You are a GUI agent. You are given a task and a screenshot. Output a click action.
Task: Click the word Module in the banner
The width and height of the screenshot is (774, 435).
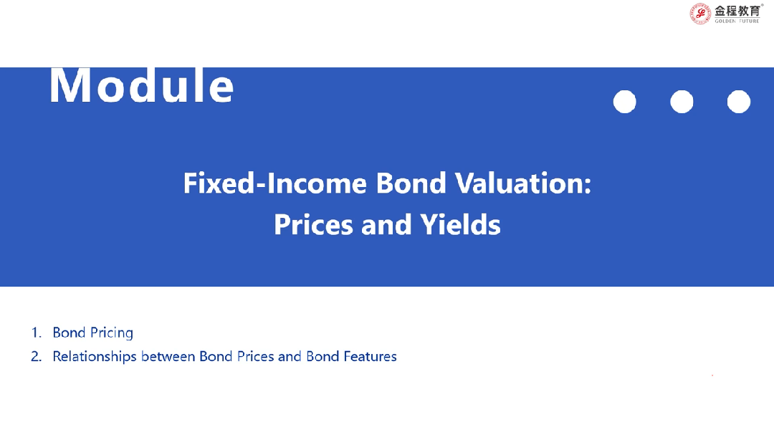coord(142,85)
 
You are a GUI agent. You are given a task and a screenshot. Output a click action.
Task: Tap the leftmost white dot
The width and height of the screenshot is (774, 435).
coord(624,102)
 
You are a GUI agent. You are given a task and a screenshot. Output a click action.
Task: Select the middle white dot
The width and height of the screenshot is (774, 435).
coord(682,102)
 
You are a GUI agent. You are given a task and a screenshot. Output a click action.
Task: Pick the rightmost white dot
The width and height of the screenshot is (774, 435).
coord(738,102)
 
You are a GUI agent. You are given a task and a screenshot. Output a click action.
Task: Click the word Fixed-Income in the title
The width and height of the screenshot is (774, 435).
coord(275,183)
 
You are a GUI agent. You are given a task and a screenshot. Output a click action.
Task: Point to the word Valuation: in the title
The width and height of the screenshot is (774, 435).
coord(523,183)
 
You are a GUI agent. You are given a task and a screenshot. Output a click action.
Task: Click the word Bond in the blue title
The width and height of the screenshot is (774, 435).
coord(411,183)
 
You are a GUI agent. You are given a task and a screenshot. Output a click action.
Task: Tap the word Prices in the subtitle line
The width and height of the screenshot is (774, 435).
coord(313,225)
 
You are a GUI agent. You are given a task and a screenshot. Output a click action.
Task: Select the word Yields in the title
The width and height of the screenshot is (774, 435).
coord(461,225)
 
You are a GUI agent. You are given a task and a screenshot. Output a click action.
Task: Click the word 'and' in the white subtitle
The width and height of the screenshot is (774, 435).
coord(386,225)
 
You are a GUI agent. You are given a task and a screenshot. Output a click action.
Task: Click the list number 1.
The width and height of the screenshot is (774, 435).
coord(36,333)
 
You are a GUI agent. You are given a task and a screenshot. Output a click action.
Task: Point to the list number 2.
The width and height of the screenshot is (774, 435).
coord(36,356)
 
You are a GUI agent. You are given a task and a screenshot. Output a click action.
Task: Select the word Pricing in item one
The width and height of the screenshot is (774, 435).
coord(112,333)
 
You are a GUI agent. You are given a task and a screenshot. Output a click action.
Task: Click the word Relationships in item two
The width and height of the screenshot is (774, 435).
coord(95,357)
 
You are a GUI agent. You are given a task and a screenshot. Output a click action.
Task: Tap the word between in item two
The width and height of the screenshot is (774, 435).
coord(168,356)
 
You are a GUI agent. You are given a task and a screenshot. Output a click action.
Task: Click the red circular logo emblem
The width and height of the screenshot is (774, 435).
coord(700,14)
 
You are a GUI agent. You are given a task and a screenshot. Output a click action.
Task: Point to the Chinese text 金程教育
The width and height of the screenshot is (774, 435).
coord(737,11)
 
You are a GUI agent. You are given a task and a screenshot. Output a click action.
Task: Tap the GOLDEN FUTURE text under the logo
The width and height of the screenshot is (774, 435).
coord(737,21)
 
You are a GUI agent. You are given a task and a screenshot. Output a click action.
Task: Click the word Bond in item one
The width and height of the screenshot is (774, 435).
coord(69,333)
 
